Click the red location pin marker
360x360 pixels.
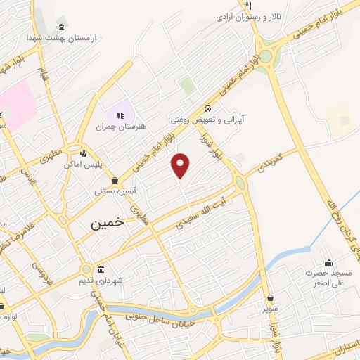[181, 165]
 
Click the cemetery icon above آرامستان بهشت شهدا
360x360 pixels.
[63, 26]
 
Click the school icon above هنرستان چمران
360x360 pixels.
[120, 115]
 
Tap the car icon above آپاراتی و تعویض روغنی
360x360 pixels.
[208, 109]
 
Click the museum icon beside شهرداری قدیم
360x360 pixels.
[101, 270]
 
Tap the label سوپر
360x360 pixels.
[271, 308]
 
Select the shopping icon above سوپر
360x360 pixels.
[271, 297]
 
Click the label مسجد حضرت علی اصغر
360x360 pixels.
[327, 278]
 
